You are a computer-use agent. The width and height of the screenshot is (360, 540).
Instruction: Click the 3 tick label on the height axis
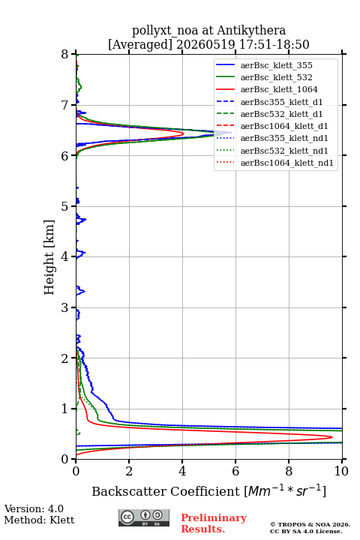pos(64,307)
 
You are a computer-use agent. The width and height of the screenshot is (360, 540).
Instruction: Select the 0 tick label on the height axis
pos(64,459)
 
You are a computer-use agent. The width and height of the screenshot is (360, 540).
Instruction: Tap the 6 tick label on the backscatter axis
pos(235,471)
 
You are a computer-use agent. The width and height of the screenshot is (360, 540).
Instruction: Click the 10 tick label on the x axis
pos(341,471)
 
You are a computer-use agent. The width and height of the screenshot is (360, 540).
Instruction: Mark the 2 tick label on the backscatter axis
pos(129,471)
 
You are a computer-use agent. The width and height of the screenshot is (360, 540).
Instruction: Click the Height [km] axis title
pos(49,257)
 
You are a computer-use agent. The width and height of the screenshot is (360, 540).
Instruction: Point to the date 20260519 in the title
pos(205,44)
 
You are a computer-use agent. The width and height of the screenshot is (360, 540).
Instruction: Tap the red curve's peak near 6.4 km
pos(183,133)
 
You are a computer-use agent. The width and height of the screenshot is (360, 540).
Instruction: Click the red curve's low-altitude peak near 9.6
pos(331,437)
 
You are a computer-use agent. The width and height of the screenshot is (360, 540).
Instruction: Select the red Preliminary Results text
pos(214,523)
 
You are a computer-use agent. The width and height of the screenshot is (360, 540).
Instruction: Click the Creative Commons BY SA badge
pos(144,518)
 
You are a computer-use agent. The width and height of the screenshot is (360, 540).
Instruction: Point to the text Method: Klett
pos(39,520)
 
